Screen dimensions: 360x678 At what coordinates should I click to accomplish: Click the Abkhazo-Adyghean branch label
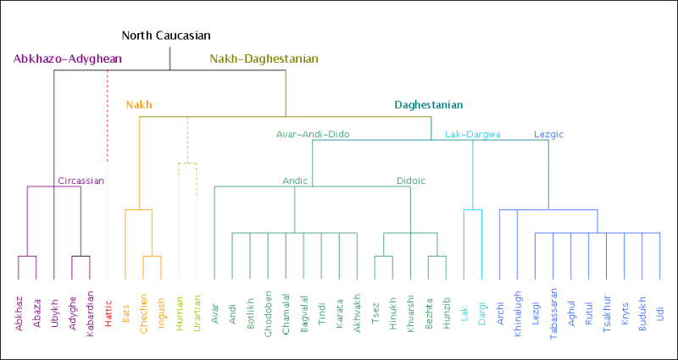[68, 59]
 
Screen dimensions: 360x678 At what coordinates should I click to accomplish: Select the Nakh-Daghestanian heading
[264, 59]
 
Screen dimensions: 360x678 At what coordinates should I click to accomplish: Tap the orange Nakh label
[139, 105]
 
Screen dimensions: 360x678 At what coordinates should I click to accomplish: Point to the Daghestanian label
[428, 105]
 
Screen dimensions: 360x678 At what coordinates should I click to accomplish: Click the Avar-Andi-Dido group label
[312, 134]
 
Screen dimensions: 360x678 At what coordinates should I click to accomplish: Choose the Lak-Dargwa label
[473, 134]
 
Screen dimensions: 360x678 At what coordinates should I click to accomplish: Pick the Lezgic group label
[548, 134]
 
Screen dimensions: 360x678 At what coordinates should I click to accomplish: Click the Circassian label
[81, 180]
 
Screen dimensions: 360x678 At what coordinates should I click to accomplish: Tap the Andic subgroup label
[295, 180]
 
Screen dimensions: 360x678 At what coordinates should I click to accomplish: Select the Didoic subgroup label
[411, 180]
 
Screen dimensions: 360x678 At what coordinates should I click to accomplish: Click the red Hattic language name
[108, 311]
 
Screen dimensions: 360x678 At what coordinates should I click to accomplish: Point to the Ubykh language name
[54, 313]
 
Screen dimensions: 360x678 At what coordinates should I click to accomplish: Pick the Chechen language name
[143, 314]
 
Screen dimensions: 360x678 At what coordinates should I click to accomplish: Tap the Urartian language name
[197, 313]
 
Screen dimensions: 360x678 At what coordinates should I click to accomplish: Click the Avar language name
[214, 308]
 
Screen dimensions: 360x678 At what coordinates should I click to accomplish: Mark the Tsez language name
[375, 308]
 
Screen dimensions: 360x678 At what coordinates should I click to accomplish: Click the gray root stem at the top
[169, 58]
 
